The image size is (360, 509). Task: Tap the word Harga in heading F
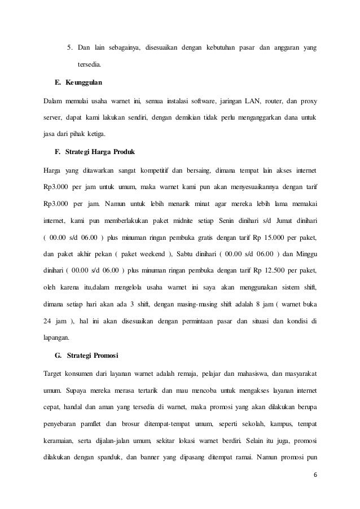(103, 153)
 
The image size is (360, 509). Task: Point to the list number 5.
(70, 46)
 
